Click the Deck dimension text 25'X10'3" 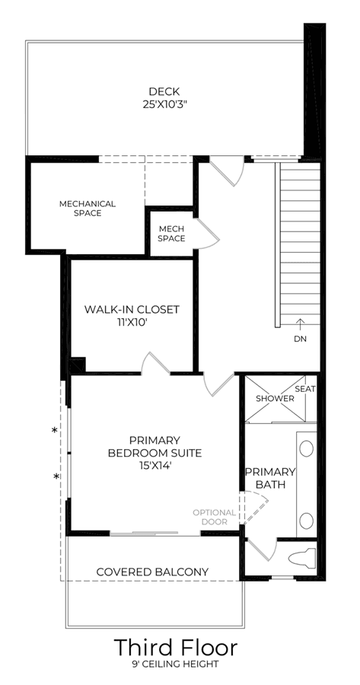click(x=167, y=105)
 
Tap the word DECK click(x=164, y=92)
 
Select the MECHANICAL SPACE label click(x=88, y=209)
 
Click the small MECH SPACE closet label click(x=171, y=234)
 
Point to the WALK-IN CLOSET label click(x=132, y=309)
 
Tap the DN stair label click(x=300, y=339)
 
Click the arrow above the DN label click(x=300, y=324)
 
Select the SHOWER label click(x=275, y=398)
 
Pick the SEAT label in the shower click(x=305, y=389)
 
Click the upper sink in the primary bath click(x=307, y=448)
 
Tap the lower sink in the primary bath click(x=307, y=521)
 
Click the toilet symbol click(x=302, y=559)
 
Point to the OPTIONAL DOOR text click(x=215, y=517)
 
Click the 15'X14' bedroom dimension click(x=155, y=466)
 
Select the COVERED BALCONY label click(x=152, y=572)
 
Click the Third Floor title click(x=176, y=648)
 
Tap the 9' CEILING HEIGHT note click(x=175, y=665)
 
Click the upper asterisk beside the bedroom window click(x=55, y=431)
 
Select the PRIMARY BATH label click(x=270, y=478)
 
